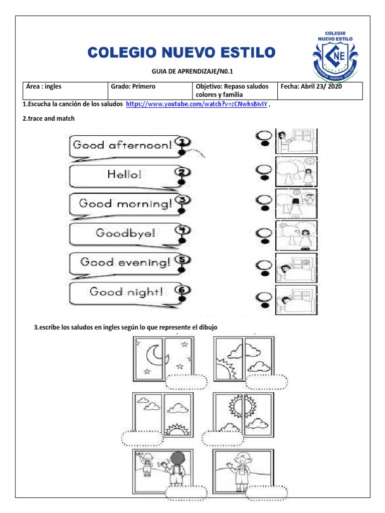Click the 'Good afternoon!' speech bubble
(123, 145)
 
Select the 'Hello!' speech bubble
(123, 174)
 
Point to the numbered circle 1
(183, 141)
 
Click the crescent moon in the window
(153, 356)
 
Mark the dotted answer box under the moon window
(186, 381)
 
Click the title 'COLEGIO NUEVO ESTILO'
(181, 52)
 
